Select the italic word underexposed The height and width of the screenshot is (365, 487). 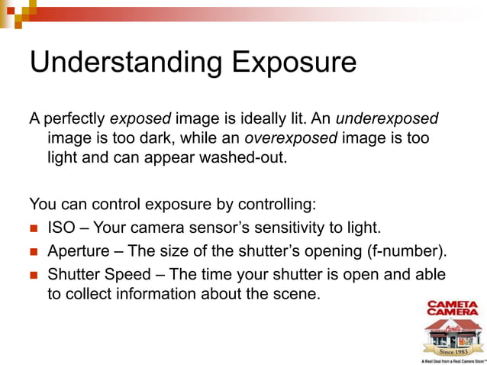[388, 120]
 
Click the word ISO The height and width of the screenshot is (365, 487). [61, 228]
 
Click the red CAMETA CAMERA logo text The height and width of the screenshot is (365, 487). [452, 308]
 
